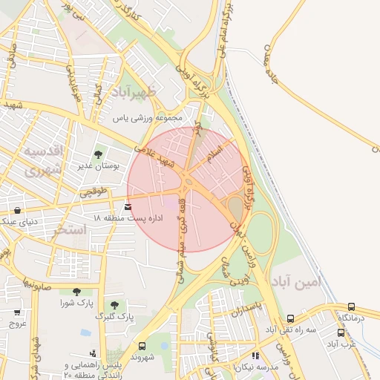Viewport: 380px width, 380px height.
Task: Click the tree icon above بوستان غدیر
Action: pyautogui.click(x=99, y=154)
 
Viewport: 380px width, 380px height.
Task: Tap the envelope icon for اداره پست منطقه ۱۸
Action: pyautogui.click(x=129, y=206)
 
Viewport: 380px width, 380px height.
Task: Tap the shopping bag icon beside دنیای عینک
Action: pyautogui.click(x=17, y=210)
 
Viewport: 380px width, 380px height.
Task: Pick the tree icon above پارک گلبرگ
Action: pyautogui.click(x=114, y=305)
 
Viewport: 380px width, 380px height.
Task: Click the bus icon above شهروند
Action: pyautogui.click(x=142, y=346)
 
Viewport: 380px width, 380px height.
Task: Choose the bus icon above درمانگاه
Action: pyautogui.click(x=350, y=307)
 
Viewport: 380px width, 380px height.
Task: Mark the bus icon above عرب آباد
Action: pyautogui.click(x=341, y=332)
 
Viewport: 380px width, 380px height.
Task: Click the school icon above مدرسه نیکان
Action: pyautogui.click(x=256, y=356)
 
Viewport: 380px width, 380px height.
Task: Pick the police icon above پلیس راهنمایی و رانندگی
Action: pyautogui.click(x=92, y=353)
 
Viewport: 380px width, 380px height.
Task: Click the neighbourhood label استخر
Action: pyautogui.click(x=70, y=229)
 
